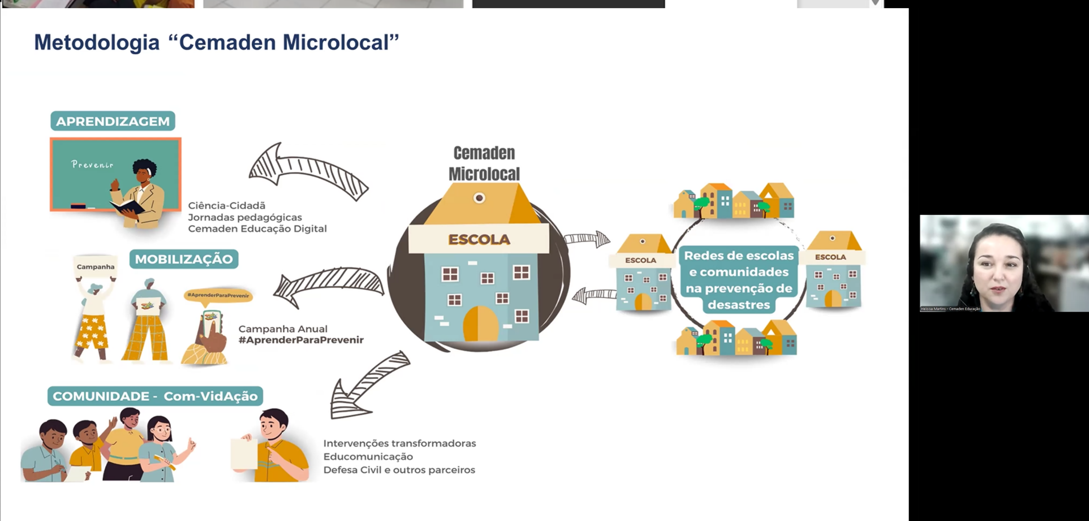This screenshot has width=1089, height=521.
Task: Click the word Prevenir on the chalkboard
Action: click(x=92, y=164)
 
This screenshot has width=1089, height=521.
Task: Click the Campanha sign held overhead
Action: click(x=96, y=267)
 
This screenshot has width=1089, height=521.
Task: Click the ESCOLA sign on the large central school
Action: click(x=479, y=239)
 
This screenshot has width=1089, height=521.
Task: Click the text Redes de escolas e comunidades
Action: click(x=739, y=264)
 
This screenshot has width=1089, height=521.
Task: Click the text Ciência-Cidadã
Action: click(x=227, y=206)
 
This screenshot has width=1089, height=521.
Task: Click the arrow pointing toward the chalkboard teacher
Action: click(x=308, y=171)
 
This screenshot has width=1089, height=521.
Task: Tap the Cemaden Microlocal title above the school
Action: click(x=484, y=163)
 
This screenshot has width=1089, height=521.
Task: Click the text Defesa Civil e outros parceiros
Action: click(x=399, y=470)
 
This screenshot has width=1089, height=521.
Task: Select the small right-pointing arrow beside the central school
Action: click(x=588, y=239)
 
